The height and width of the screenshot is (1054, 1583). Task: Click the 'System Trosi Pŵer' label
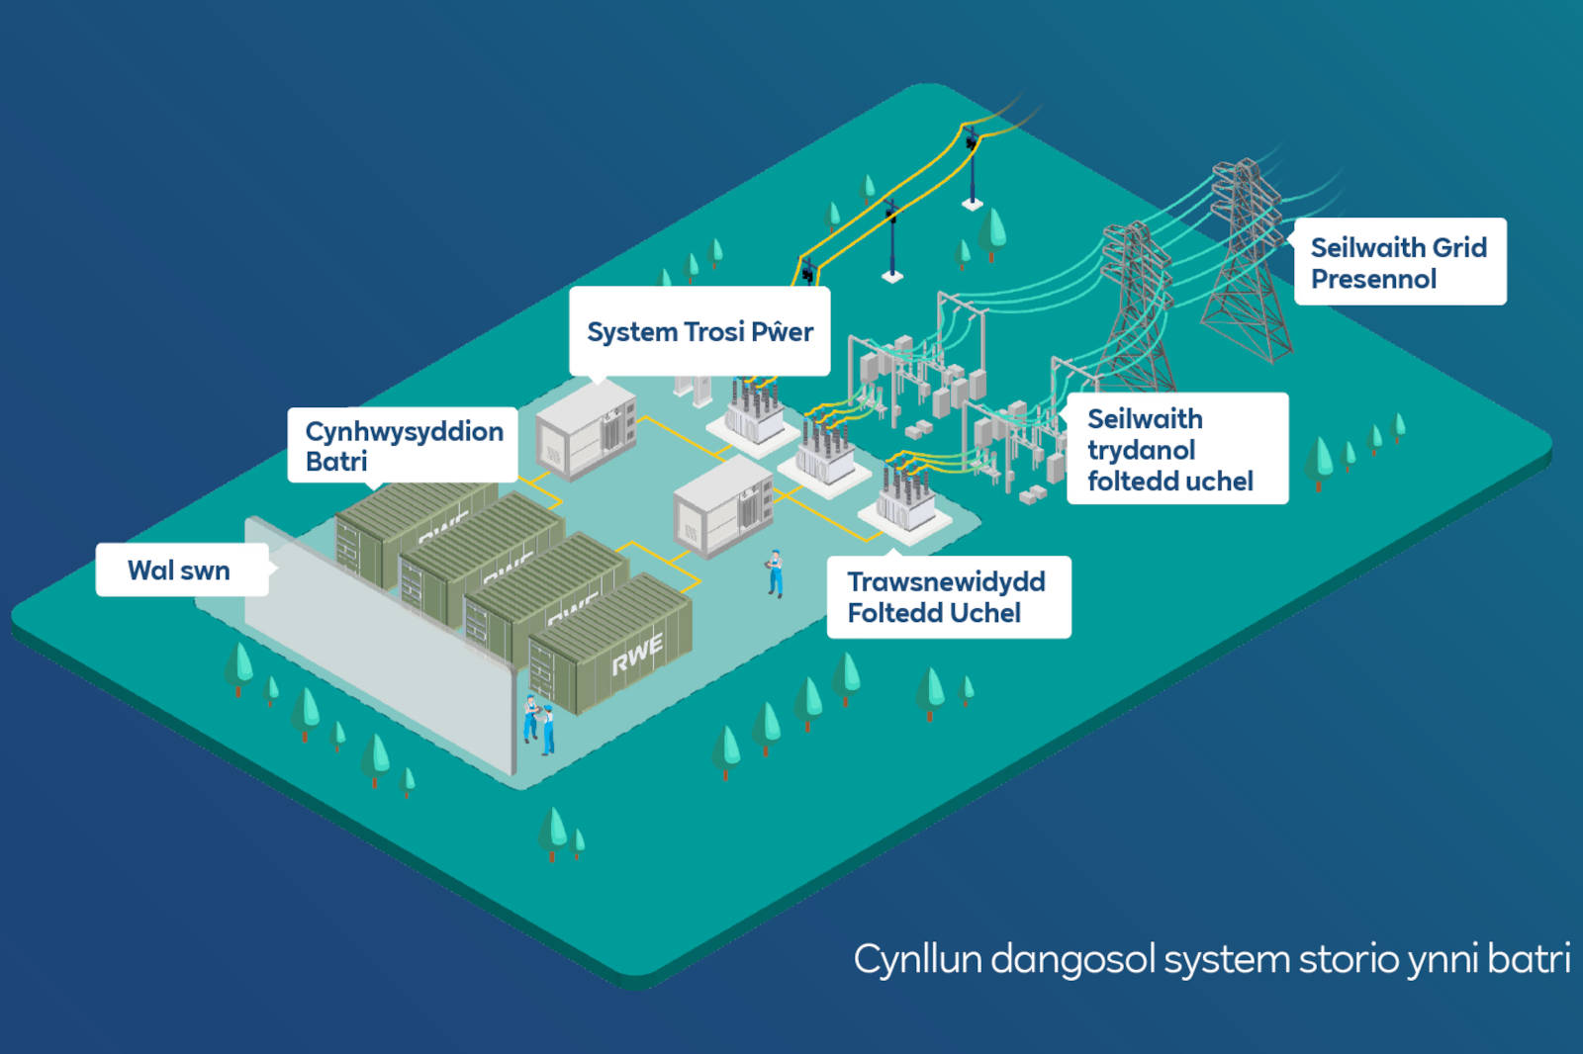pos(699,332)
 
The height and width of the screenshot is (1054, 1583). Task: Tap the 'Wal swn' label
pos(179,571)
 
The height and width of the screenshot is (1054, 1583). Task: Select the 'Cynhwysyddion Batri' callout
pos(403,446)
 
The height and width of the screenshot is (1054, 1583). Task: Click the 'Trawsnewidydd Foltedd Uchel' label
pos(947,597)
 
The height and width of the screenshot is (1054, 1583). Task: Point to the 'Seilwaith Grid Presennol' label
pos(1398,262)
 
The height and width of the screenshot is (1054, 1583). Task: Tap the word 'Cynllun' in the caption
pos(917,960)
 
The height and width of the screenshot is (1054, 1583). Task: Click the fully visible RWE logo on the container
pos(636,656)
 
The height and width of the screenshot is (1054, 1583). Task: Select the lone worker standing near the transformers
pos(775,574)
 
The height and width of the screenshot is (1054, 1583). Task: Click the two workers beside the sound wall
pos(539,725)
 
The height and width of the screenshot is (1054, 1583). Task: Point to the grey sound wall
pos(376,643)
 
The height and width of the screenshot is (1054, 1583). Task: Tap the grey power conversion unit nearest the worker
pos(722,509)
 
